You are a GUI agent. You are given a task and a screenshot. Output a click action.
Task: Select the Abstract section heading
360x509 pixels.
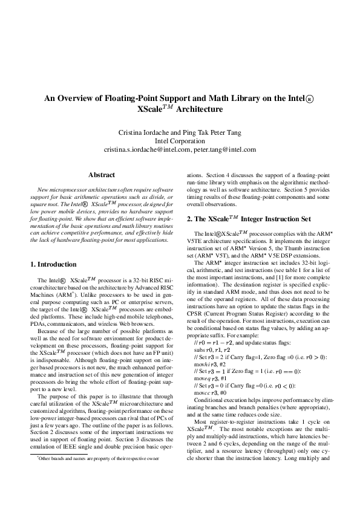102,175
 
